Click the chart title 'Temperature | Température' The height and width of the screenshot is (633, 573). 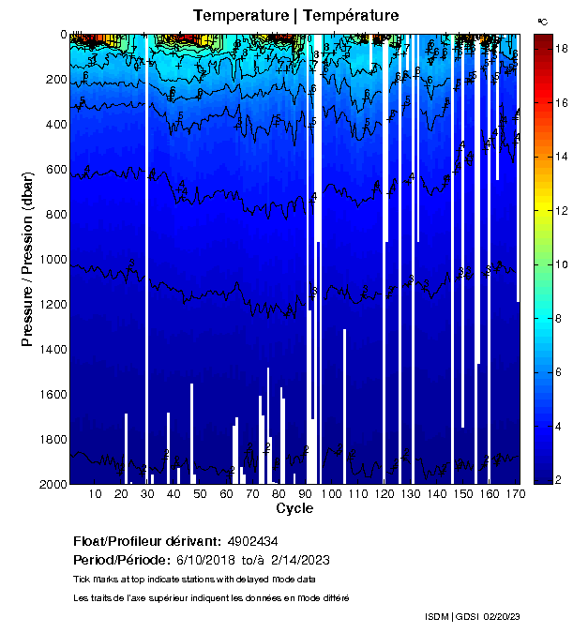pyautogui.click(x=295, y=15)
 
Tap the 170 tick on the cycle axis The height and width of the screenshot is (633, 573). pyautogui.click(x=514, y=494)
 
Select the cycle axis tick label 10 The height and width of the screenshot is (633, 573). pyautogui.click(x=95, y=494)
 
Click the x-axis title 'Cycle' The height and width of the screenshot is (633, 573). pyautogui.click(x=294, y=508)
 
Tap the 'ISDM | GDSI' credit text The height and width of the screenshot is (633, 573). pyautogui.click(x=454, y=616)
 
